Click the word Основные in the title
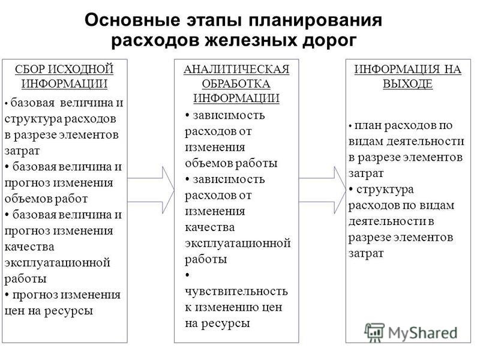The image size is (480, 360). [132, 20]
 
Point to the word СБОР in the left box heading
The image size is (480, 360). [29, 69]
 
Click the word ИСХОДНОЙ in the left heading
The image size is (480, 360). [80, 70]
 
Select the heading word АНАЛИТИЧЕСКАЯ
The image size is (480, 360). [236, 70]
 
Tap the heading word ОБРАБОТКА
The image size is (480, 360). [236, 83]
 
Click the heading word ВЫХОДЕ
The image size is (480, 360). [408, 83]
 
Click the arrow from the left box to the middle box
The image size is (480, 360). [151, 190]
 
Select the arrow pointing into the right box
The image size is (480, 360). [322, 190]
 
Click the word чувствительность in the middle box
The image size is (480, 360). [236, 291]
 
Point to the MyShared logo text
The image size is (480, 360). [422, 333]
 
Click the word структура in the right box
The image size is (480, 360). [385, 190]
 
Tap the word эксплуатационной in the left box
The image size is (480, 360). [57, 263]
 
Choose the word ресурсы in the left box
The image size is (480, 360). [68, 311]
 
